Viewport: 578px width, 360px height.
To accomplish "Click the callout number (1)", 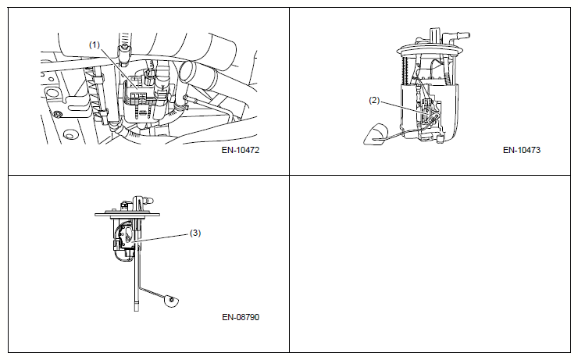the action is [95, 45].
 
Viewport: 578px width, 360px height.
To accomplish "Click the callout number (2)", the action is [374, 100].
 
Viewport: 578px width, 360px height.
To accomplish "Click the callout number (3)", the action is [195, 233].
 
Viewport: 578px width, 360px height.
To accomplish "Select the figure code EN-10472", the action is [241, 150].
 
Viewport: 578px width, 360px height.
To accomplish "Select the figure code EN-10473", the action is [522, 150].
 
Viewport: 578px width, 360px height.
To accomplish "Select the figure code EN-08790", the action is [241, 317].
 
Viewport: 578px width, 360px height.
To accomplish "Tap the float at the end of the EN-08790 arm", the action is [170, 301].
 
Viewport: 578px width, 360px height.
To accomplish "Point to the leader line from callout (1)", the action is [118, 69].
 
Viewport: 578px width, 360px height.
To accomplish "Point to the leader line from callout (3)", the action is [161, 237].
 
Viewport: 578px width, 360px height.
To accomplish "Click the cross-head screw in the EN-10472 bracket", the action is [57, 113].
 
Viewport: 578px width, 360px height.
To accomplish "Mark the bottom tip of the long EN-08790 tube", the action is [137, 312].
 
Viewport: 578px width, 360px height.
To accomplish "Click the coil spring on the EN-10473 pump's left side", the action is [406, 71].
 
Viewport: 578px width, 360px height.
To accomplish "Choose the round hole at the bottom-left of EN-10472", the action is [70, 135].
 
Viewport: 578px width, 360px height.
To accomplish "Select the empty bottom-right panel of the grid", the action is [430, 264].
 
